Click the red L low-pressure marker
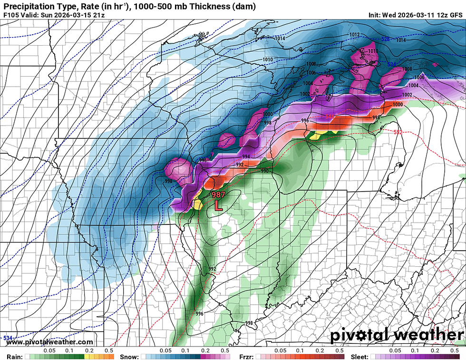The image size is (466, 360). click(218, 205)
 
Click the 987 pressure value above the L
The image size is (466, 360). click(218, 194)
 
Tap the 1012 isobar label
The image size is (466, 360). click(354, 35)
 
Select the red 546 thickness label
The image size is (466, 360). click(330, 116)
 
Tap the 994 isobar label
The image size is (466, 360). click(246, 156)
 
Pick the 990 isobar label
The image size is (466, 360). click(265, 171)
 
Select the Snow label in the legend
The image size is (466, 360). click(129, 356)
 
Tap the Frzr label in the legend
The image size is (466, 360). click(246, 356)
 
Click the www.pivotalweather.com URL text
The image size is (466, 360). click(50, 342)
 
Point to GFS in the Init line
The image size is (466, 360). click(455, 15)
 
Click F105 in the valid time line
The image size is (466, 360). click(11, 15)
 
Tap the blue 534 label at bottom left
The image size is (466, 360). click(8, 338)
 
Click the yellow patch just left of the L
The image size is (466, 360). click(197, 204)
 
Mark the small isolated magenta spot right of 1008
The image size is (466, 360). click(435, 64)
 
